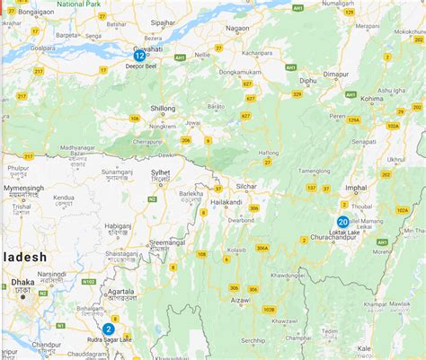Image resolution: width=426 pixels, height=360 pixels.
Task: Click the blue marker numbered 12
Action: coord(139,56)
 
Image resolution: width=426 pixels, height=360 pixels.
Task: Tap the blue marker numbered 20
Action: coord(342,222)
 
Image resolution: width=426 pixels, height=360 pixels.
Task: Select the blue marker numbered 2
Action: coord(108,329)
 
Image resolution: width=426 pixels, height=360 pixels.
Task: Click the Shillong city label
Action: coord(163,108)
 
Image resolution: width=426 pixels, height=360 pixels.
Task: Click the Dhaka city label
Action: coord(23,282)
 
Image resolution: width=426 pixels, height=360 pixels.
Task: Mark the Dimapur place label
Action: coord(334,77)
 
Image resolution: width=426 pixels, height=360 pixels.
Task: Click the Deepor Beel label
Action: coord(141,66)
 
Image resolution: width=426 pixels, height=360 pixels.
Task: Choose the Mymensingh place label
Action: coord(24,189)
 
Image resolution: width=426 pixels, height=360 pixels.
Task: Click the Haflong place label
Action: coord(270,153)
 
